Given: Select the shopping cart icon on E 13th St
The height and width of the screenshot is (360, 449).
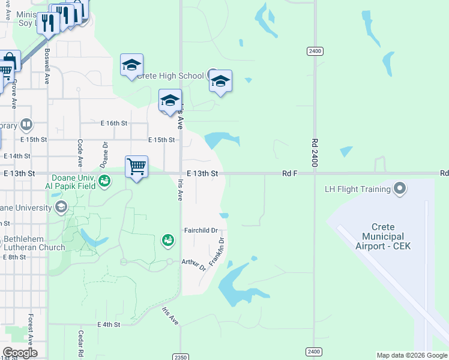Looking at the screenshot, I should [137, 166].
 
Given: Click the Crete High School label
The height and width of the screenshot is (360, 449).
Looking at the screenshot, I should [170, 76].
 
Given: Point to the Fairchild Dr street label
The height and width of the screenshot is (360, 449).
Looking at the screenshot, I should [200, 230].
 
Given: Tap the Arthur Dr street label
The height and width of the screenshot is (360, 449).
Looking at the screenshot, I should [194, 264].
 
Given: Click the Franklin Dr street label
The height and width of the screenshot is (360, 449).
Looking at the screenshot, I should [217, 251].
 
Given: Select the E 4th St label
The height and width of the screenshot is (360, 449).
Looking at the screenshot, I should [109, 325].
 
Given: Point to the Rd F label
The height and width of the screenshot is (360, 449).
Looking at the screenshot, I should [290, 173].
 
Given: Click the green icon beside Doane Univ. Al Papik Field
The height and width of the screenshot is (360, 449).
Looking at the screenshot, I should [104, 180].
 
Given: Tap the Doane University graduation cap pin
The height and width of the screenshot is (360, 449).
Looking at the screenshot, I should [60, 207].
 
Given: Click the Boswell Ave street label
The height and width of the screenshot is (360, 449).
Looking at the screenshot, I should [47, 65].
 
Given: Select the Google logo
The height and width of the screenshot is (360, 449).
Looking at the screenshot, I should [20, 353].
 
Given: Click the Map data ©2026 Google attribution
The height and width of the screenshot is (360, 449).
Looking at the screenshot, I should [412, 355].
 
